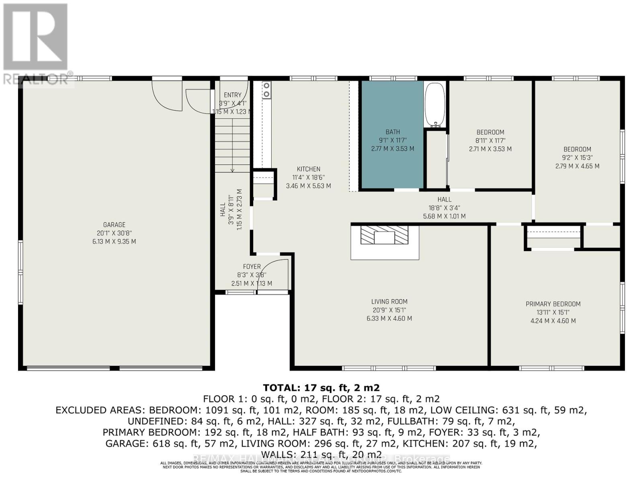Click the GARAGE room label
coord(114,225)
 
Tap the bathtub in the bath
coord(435,104)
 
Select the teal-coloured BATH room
coord(392,161)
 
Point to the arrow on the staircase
coord(232,170)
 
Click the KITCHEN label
coord(309,169)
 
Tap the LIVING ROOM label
coord(389,302)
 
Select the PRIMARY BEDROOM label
coord(553,304)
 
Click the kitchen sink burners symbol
coord(266,90)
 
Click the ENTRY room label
coord(233,95)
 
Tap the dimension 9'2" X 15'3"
coord(577,158)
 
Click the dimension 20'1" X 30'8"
coord(114,233)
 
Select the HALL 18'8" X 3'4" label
coord(444,199)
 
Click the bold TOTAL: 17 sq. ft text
coord(321,388)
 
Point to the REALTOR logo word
coord(36,79)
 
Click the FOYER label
coord(252,267)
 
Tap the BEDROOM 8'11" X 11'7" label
coord(490,132)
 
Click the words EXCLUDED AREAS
coord(100,410)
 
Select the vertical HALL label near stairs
coord(223,210)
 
